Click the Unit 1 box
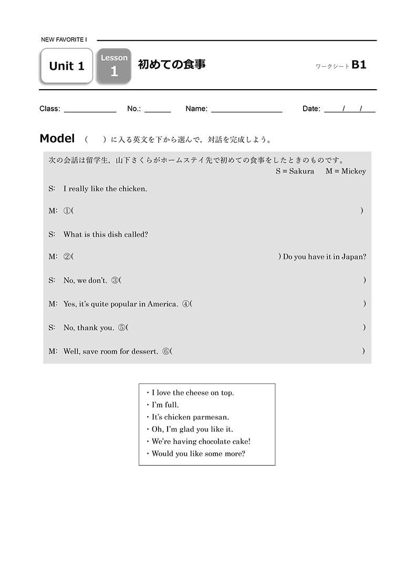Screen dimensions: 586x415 pyautogui.click(x=66, y=66)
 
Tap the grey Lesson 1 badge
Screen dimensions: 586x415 pyautogui.click(x=114, y=66)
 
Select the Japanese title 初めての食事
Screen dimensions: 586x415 pyautogui.click(x=171, y=65)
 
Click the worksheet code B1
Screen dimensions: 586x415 pyautogui.click(x=359, y=65)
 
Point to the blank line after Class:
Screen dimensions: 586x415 pyautogui.click(x=90, y=110)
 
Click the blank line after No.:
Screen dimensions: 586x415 pyautogui.click(x=158, y=110)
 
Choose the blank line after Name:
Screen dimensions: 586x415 pyautogui.click(x=246, y=110)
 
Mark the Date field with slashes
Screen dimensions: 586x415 pyautogui.click(x=349, y=109)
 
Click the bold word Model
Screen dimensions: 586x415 pyautogui.click(x=57, y=138)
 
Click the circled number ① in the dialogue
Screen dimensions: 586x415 pyautogui.click(x=67, y=211)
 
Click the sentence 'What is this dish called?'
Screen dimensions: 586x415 pyautogui.click(x=106, y=235)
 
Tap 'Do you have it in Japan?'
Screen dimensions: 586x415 pyautogui.click(x=324, y=257)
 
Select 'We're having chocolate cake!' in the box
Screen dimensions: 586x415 pyautogui.click(x=201, y=442)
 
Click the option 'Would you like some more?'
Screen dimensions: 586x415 pyautogui.click(x=198, y=454)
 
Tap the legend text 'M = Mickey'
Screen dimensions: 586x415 pyautogui.click(x=346, y=172)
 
